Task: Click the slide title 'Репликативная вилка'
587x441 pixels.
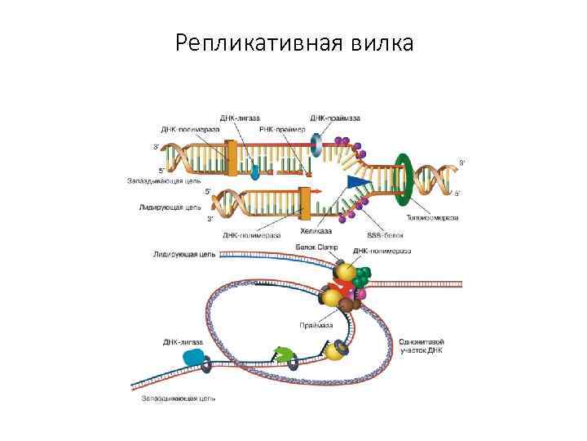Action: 293,42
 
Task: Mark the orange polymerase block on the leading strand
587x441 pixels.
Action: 305,201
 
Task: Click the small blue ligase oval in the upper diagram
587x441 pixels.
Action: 255,171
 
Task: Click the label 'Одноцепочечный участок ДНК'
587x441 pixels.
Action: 421,346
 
